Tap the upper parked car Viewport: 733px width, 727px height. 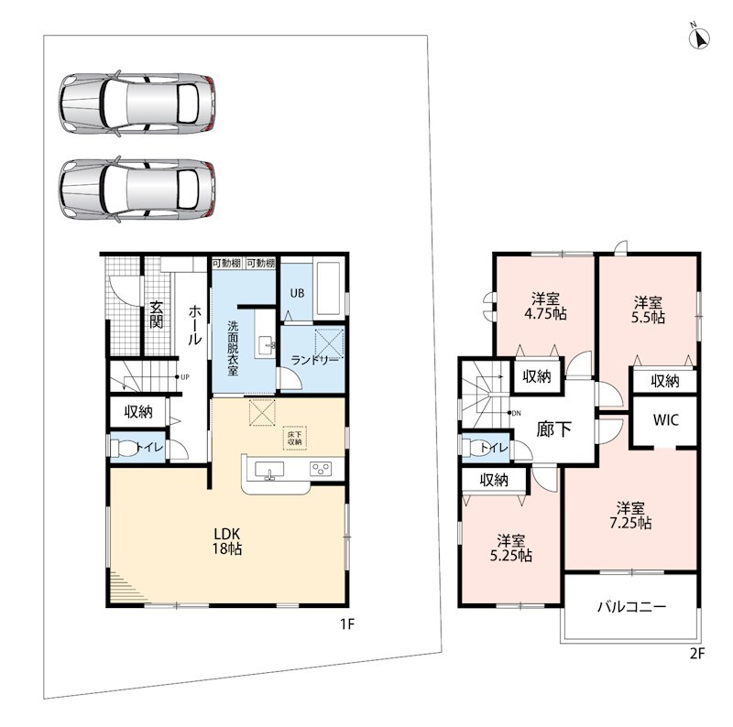[x=137, y=103]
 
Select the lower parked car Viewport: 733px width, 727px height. [x=137, y=190]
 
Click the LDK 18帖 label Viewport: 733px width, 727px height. [x=227, y=541]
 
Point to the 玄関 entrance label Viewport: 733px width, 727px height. [x=156, y=314]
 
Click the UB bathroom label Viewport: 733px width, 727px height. [x=297, y=293]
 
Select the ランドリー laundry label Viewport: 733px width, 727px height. [x=314, y=361]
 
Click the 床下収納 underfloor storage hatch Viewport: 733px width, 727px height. [x=294, y=438]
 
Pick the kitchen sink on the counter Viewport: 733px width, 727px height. [x=268, y=470]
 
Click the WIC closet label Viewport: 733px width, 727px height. [x=666, y=419]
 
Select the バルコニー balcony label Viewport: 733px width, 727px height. [x=631, y=607]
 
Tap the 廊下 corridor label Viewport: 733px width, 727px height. [x=553, y=429]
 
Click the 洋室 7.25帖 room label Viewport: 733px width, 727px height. [x=630, y=515]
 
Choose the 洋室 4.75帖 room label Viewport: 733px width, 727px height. [x=545, y=306]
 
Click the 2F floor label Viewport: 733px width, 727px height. [x=696, y=653]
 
